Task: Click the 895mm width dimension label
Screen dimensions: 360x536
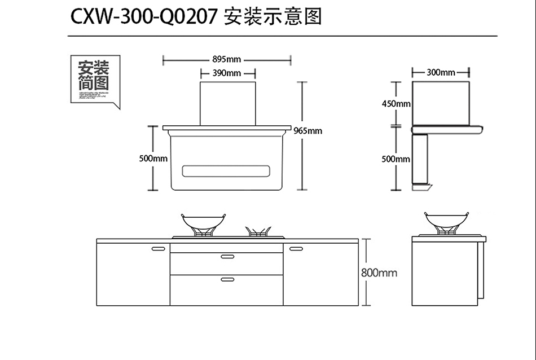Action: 227,59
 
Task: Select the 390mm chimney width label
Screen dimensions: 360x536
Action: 227,73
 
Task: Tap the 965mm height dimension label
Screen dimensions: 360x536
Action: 308,131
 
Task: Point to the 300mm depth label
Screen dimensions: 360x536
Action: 441,72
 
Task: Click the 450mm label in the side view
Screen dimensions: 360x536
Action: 396,104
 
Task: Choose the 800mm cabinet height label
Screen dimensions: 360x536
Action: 379,273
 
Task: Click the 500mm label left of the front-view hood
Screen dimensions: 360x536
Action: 153,159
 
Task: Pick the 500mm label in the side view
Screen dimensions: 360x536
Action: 396,159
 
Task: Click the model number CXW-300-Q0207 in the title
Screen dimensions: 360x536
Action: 143,17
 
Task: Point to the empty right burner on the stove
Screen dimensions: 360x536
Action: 259,231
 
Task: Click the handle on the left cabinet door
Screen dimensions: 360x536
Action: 158,248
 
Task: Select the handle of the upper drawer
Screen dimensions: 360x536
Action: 227,257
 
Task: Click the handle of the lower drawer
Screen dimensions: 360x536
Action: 227,279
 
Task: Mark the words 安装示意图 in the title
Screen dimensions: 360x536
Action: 273,17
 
